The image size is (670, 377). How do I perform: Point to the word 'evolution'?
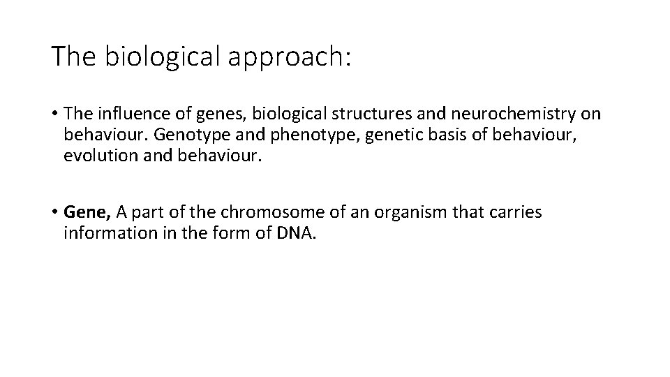click(x=98, y=154)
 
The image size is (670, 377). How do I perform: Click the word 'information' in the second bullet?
click(x=106, y=232)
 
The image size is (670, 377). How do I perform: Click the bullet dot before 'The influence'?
click(x=54, y=114)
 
